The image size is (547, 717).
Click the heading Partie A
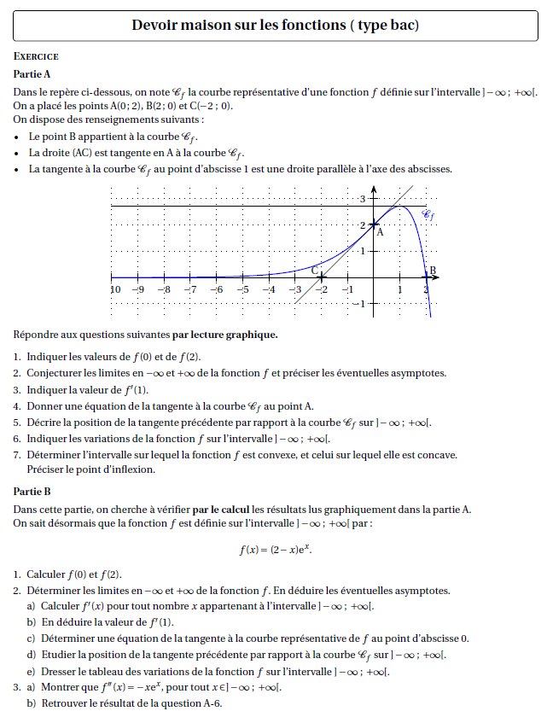[33, 75]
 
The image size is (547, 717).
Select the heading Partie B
[33, 491]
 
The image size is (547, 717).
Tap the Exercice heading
[37, 56]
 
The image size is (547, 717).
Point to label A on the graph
[380, 231]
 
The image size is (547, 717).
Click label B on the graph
[433, 271]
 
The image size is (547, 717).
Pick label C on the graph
[315, 270]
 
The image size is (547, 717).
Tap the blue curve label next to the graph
[428, 216]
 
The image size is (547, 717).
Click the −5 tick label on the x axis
[243, 289]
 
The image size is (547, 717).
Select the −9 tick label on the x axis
[138, 289]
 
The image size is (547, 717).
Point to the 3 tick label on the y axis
[362, 199]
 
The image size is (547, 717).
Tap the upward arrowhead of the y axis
[373, 189]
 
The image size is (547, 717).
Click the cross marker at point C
[321, 277]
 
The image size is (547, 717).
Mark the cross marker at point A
[373, 224]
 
